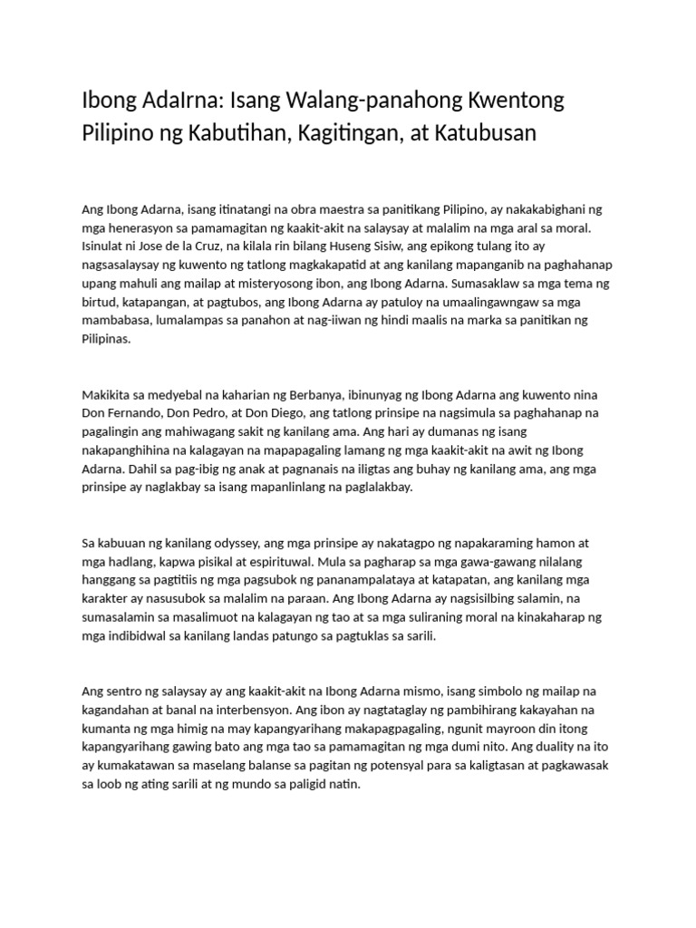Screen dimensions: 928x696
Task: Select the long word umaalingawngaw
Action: pyautogui.click(x=491, y=302)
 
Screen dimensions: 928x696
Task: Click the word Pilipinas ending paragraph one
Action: pyautogui.click(x=106, y=338)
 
